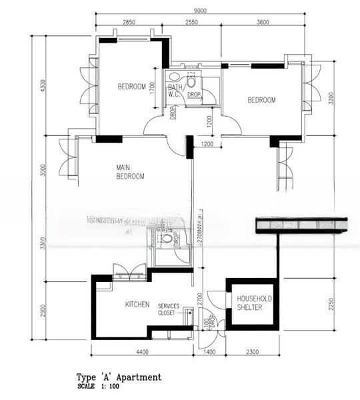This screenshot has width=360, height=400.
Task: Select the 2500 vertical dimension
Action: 43,311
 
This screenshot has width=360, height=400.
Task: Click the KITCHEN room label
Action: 137,305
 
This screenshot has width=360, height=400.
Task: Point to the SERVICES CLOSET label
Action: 169,309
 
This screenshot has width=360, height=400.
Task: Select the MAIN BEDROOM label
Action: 130,172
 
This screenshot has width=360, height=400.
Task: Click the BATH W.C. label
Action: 175,91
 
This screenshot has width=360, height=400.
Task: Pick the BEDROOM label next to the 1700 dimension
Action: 131,87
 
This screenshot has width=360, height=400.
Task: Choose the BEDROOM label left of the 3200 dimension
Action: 261,100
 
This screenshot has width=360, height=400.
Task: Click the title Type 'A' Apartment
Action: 119,377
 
